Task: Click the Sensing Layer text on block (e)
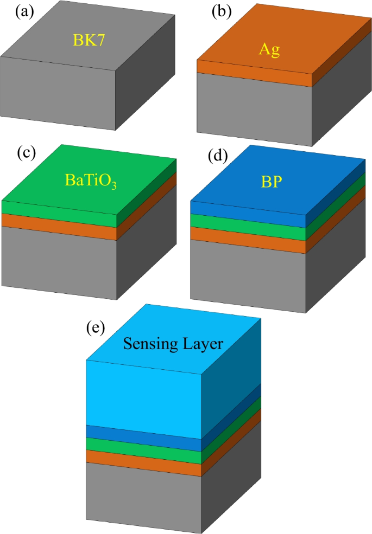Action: coord(173,343)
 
